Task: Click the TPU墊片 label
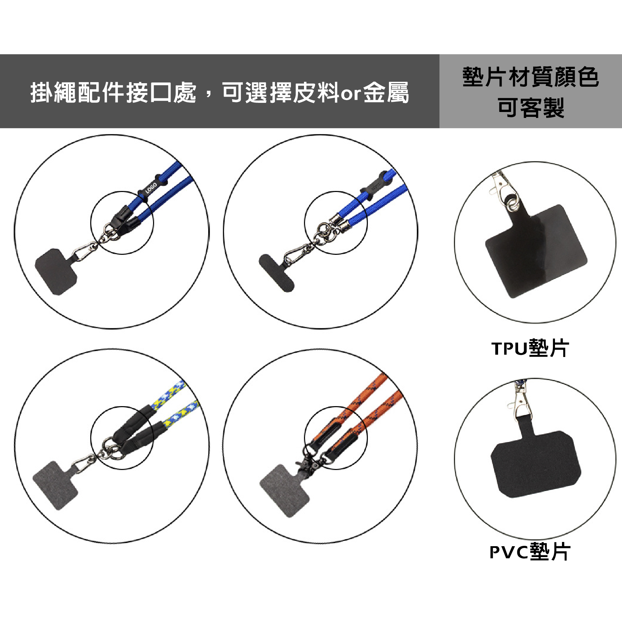pos(530,348)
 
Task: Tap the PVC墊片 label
pos(530,552)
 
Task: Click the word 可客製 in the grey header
pos(531,108)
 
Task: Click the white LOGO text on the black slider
pos(151,188)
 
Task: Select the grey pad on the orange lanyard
pos(284,491)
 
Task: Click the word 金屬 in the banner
pos(386,93)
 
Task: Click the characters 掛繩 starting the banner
pos(53,93)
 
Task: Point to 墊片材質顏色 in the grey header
pos(531,77)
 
